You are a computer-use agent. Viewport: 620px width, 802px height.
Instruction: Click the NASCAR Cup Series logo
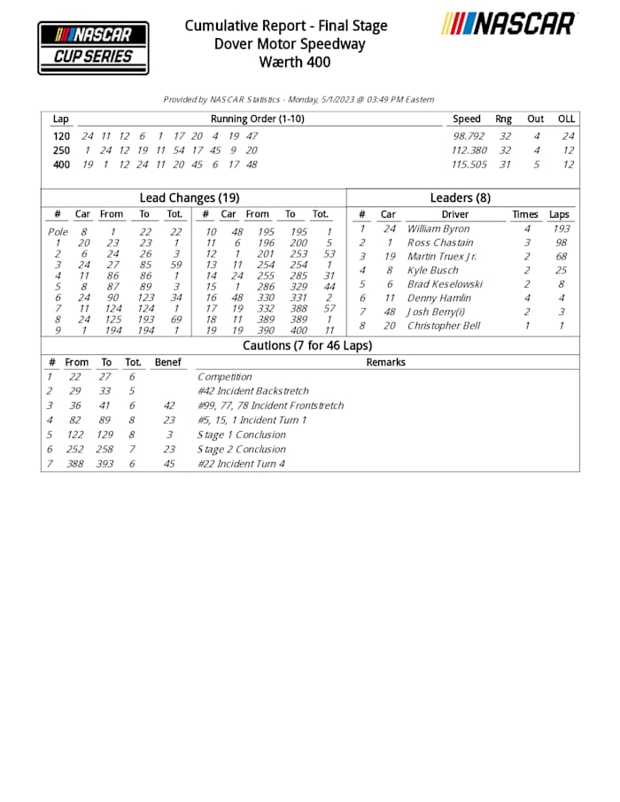pos(93,48)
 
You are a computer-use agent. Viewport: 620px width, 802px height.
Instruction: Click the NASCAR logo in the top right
pos(508,24)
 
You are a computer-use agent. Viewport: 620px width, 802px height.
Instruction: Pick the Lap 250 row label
pos(61,150)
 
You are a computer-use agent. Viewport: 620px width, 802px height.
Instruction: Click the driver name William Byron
pos(438,229)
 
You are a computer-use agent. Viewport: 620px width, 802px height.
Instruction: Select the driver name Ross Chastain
pos(440,243)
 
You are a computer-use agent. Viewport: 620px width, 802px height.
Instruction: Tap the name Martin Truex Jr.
pos(442,257)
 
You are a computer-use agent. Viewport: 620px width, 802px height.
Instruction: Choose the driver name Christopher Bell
pos(445,326)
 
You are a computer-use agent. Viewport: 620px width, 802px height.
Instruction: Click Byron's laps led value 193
pos(560,229)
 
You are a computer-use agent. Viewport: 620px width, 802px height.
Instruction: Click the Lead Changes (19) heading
pos(190,198)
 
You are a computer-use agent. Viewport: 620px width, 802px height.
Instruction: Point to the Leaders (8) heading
pos(460,198)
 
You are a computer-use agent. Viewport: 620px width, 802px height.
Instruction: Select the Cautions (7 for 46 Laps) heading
pos(307,346)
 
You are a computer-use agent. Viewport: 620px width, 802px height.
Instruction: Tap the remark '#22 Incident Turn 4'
pos(242,464)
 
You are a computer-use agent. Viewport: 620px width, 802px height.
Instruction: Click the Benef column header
pos(167,362)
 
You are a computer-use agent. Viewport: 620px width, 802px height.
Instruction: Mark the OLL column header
pos(566,119)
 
